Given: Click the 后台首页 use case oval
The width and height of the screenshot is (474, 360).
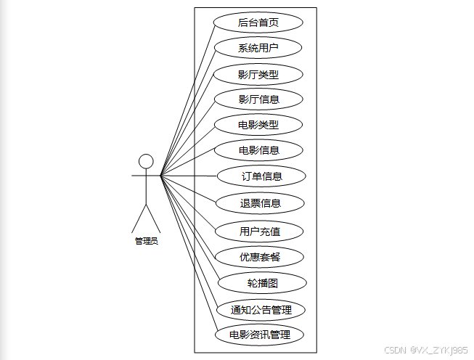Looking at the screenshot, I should click(x=258, y=22).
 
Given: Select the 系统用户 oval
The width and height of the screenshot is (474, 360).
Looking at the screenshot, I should click(x=258, y=49).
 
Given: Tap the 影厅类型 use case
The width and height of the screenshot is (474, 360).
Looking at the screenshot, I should click(x=258, y=74).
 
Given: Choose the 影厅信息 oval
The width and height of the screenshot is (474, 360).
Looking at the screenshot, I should click(x=258, y=99).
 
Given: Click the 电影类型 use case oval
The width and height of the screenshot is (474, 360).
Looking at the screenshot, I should click(x=258, y=125).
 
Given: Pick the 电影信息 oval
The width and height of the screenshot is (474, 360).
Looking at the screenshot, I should click(x=258, y=150).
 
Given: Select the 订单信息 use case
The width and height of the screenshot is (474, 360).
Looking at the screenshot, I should click(x=261, y=176).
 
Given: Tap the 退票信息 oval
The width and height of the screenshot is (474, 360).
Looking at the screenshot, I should click(x=260, y=202).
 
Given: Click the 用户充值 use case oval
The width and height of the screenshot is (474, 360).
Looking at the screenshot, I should click(x=260, y=232).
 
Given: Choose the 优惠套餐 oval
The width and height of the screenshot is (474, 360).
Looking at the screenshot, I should click(x=260, y=256).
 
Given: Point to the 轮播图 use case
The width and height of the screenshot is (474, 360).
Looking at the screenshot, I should click(x=261, y=283).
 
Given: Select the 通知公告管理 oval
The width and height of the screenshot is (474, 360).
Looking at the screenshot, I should click(x=261, y=310).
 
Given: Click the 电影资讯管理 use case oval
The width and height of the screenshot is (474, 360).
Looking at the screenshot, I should click(x=259, y=335).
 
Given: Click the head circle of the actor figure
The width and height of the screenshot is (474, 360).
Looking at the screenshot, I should click(x=146, y=160).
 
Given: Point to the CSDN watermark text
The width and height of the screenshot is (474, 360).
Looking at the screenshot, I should click(x=425, y=350).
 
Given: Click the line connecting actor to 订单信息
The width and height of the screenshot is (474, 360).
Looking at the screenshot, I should click(x=189, y=176).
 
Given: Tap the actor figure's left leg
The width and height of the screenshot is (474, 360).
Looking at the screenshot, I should click(x=139, y=218).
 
